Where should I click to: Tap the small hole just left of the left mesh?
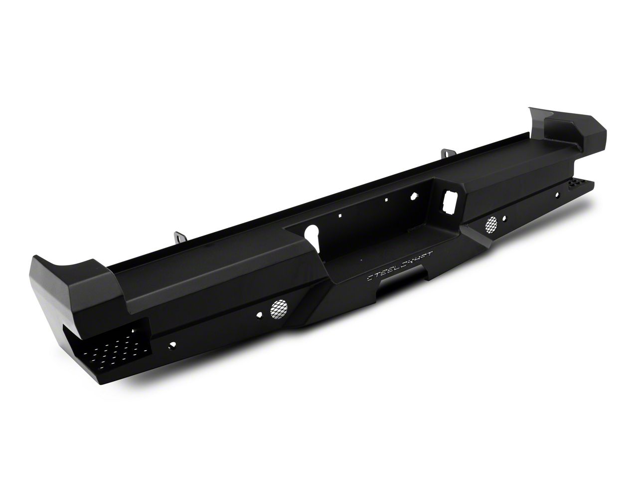click(260, 314)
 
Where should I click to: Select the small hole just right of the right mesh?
click(506, 219)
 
